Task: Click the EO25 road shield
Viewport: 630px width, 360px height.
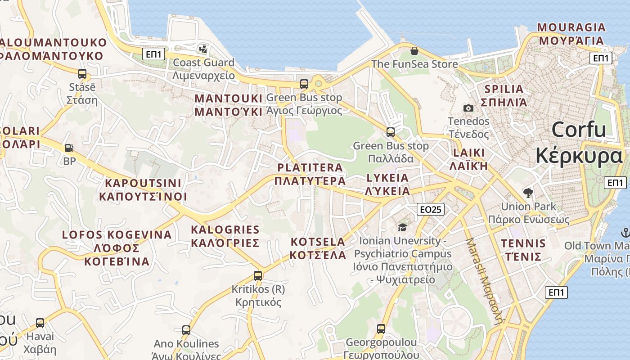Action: [x=431, y=209]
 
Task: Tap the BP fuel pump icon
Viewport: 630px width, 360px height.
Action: [x=69, y=147]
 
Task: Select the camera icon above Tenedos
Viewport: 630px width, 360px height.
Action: [x=468, y=108]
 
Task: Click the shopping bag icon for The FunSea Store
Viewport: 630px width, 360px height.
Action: [x=414, y=51]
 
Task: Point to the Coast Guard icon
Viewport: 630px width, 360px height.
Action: [x=203, y=49]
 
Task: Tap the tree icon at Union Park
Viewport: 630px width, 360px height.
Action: [x=528, y=193]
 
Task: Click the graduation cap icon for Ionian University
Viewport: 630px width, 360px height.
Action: [x=402, y=227]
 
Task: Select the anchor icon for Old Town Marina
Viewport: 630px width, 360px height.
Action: [x=625, y=233]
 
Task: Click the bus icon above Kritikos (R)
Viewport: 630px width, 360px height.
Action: [x=258, y=275]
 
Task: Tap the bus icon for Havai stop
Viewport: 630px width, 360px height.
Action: [x=40, y=323]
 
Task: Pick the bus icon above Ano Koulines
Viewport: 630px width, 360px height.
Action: [x=186, y=330]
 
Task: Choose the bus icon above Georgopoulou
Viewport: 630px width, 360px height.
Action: [x=381, y=329]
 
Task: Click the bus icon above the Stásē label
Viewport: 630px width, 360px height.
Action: [x=82, y=74]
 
